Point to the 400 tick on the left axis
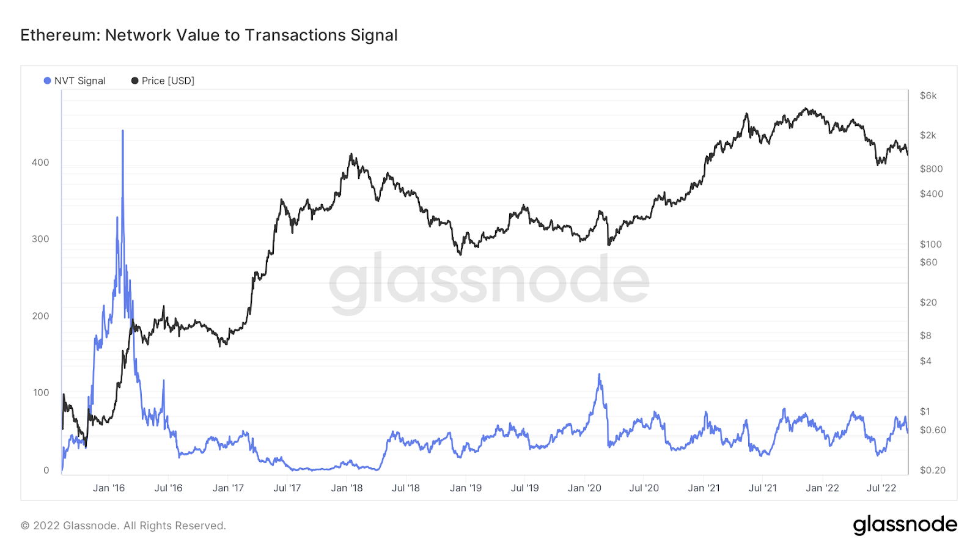click(40, 163)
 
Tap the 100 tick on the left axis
click(40, 393)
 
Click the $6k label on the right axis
click(928, 96)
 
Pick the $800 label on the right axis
click(931, 169)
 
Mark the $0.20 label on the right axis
click(932, 471)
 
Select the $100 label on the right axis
click(930, 244)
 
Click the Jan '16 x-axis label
click(109, 488)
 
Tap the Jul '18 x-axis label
click(406, 488)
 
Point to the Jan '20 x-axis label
click(584, 488)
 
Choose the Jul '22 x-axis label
click(881, 488)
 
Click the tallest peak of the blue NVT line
click(123, 131)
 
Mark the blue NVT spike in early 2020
click(599, 374)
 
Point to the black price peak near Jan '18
click(351, 154)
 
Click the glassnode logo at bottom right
click(905, 525)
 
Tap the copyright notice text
click(123, 526)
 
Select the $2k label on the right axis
click(928, 136)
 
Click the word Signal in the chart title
click(374, 35)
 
